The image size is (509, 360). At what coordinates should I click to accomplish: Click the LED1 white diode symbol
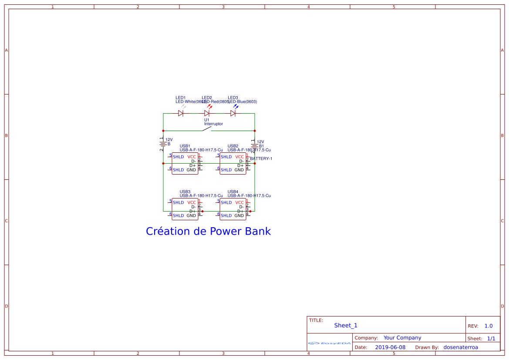[181, 113]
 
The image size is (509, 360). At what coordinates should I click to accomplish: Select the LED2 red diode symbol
[207, 113]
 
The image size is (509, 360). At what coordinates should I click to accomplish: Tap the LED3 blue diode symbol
[233, 113]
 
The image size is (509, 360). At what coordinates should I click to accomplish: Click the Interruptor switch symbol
[208, 128]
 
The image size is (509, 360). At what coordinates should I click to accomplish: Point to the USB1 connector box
[185, 163]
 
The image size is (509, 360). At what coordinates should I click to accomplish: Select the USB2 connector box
[233, 163]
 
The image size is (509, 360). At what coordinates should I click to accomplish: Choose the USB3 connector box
[185, 209]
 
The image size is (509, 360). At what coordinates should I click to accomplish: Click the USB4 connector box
[233, 209]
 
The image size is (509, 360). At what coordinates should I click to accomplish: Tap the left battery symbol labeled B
[163, 144]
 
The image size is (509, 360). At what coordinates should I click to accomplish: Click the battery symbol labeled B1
[255, 146]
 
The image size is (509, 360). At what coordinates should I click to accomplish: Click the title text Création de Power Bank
[208, 231]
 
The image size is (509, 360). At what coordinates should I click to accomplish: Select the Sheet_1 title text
[346, 326]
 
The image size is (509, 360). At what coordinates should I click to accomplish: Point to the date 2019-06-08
[390, 347]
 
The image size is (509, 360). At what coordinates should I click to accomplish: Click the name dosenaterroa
[461, 347]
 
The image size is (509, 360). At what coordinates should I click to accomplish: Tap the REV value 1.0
[489, 326]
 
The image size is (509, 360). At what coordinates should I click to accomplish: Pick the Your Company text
[402, 338]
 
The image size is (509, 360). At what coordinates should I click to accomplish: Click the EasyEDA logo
[330, 343]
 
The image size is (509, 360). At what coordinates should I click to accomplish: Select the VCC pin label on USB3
[192, 202]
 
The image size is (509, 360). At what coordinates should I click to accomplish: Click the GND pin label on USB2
[239, 170]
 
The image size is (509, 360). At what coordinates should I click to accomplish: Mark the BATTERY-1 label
[261, 159]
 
